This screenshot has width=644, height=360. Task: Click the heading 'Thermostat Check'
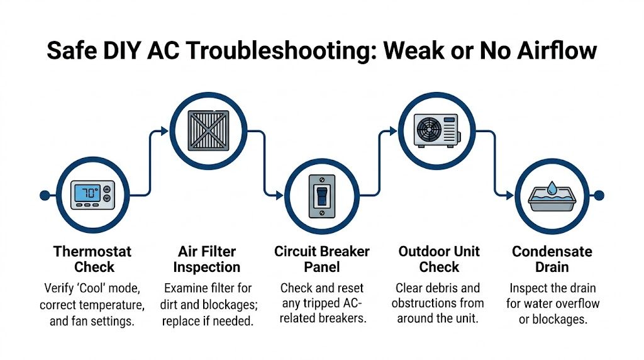[93, 259]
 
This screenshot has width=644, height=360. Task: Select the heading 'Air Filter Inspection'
[207, 259]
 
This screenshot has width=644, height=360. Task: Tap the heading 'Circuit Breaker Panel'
[322, 259]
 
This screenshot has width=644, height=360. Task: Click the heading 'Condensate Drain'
[552, 259]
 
